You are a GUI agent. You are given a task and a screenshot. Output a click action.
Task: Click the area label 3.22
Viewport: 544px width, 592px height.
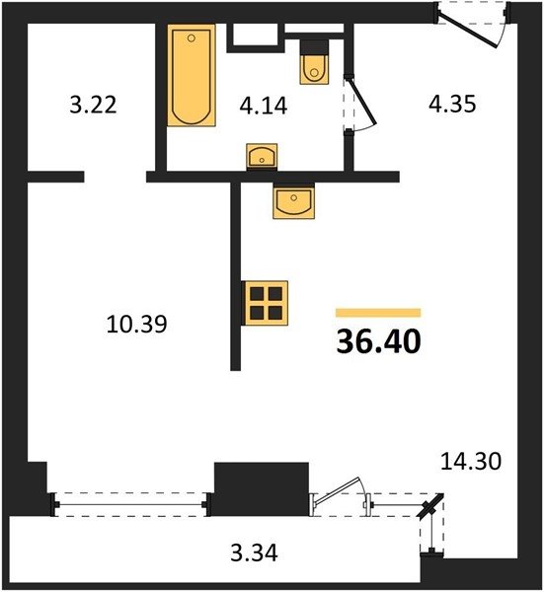(93, 105)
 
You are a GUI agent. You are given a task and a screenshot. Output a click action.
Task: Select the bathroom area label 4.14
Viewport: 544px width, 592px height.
(264, 106)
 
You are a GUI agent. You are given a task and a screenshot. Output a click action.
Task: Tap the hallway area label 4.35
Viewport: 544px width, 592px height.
(452, 104)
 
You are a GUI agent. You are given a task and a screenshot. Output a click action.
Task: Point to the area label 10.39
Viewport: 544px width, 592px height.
(136, 324)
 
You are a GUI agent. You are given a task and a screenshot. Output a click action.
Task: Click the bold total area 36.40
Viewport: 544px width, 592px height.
(378, 341)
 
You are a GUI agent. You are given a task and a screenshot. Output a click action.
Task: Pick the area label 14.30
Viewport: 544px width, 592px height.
(471, 461)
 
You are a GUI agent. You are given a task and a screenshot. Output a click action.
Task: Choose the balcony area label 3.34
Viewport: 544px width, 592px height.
(254, 553)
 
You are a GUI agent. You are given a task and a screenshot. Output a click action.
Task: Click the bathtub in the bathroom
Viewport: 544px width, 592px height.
(192, 76)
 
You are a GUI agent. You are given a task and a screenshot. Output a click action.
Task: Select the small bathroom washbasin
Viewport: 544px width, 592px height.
(262, 155)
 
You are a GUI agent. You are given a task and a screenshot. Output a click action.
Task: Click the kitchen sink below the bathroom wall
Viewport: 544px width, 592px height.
(294, 202)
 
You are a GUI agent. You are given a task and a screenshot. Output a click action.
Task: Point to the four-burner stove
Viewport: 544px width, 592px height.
(267, 303)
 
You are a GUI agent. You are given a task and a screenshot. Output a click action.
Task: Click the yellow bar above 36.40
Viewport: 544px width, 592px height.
(378, 313)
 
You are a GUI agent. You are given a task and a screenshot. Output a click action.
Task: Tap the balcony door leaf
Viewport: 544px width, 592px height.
(337, 490)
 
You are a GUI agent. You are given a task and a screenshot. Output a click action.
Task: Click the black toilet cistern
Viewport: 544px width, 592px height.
(314, 46)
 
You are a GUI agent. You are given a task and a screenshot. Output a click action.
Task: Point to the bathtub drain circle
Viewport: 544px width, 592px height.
(192, 37)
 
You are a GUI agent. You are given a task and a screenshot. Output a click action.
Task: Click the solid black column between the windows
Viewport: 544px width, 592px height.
(262, 489)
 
